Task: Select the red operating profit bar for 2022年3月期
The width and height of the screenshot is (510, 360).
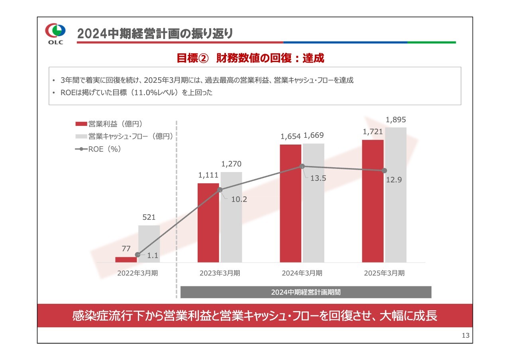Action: [x=126, y=259]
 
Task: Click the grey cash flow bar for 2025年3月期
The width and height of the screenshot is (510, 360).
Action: [x=396, y=195]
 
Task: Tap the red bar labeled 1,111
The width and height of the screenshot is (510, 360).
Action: [x=208, y=223]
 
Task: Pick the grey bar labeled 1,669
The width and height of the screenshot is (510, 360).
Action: [x=314, y=203]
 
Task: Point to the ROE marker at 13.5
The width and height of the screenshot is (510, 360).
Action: [x=302, y=166]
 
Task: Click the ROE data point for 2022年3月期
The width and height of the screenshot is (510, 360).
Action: [x=138, y=254]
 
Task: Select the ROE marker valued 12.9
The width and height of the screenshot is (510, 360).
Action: [x=384, y=170]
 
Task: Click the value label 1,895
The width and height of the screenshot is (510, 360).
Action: [x=396, y=120]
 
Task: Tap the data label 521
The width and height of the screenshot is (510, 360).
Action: [x=149, y=217]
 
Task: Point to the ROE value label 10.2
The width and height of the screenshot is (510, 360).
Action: [x=239, y=200]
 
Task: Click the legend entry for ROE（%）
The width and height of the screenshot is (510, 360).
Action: [x=98, y=149]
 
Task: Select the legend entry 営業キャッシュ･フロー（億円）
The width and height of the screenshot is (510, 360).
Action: [x=124, y=136]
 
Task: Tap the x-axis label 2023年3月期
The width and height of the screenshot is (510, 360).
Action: [x=220, y=273]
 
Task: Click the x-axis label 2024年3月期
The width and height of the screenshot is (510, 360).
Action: [x=302, y=273]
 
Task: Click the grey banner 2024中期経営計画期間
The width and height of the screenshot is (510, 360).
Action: [x=306, y=292]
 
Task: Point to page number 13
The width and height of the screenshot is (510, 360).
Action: [x=465, y=335]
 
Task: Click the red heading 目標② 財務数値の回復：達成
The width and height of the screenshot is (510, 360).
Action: [x=250, y=58]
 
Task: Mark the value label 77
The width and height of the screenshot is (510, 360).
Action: [x=126, y=249]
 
